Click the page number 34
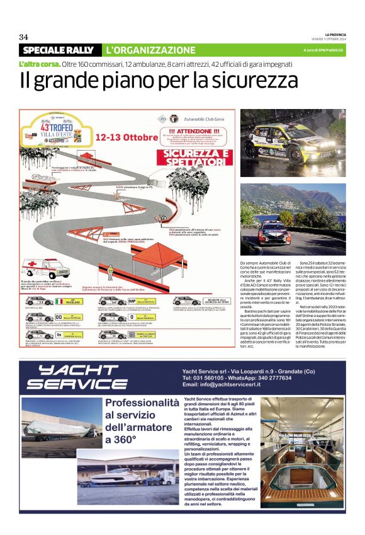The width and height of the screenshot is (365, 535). tap(24, 37)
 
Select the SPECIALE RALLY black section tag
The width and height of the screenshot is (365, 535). tap(58, 50)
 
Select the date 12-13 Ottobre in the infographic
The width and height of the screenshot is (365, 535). tap(126, 137)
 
